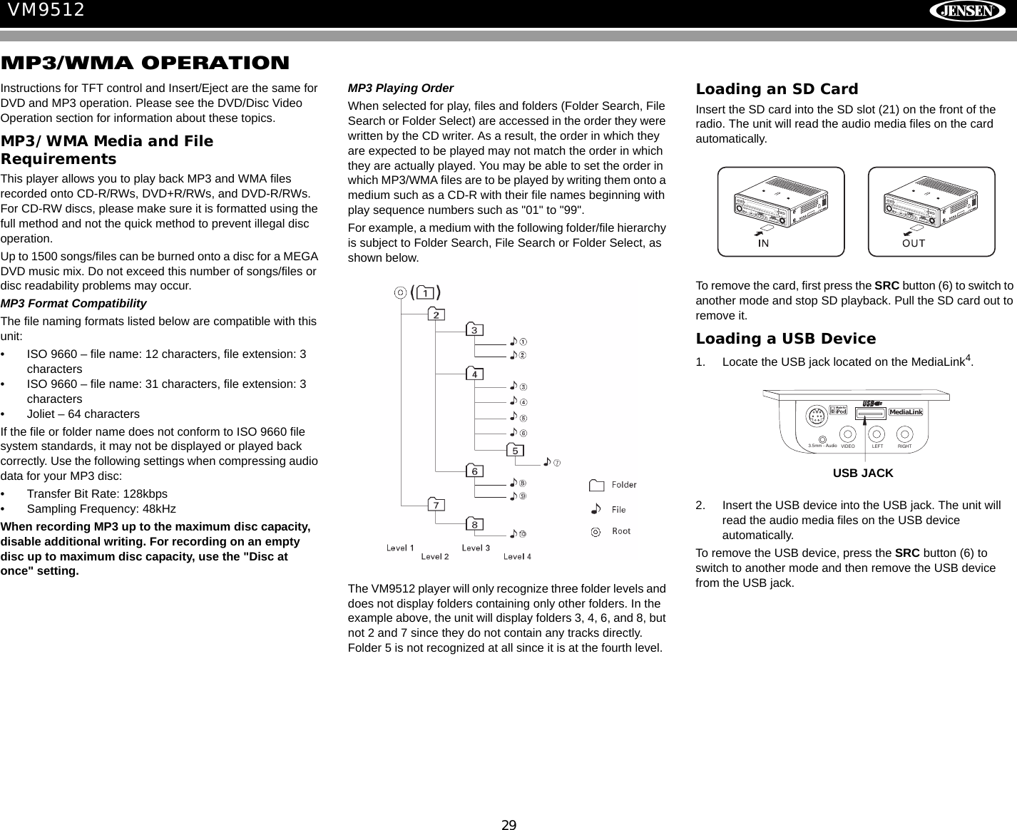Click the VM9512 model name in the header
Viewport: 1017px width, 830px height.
46,10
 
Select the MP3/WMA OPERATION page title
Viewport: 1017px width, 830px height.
145,63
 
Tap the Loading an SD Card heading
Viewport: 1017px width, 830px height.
777,89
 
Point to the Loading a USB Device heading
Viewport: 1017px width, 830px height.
785,339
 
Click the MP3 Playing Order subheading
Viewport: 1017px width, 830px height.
400,88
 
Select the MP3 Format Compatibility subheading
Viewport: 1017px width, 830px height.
73,303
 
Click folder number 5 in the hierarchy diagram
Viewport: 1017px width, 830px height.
515,451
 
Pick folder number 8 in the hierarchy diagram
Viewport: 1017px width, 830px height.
475,525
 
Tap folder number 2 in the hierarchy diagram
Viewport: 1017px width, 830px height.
436,314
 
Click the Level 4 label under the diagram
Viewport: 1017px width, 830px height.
517,556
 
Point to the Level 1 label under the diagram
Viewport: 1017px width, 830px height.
400,548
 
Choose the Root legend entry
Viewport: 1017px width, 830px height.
620,531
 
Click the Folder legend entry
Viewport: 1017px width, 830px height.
623,485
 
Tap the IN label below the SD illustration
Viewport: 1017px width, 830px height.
763,243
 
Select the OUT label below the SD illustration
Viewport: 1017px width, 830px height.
914,243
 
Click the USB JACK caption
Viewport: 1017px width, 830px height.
863,473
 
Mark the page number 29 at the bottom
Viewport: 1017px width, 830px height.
508,825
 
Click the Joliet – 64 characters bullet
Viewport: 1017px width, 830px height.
83,414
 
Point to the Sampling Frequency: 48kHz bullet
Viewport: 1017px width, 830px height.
101,508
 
